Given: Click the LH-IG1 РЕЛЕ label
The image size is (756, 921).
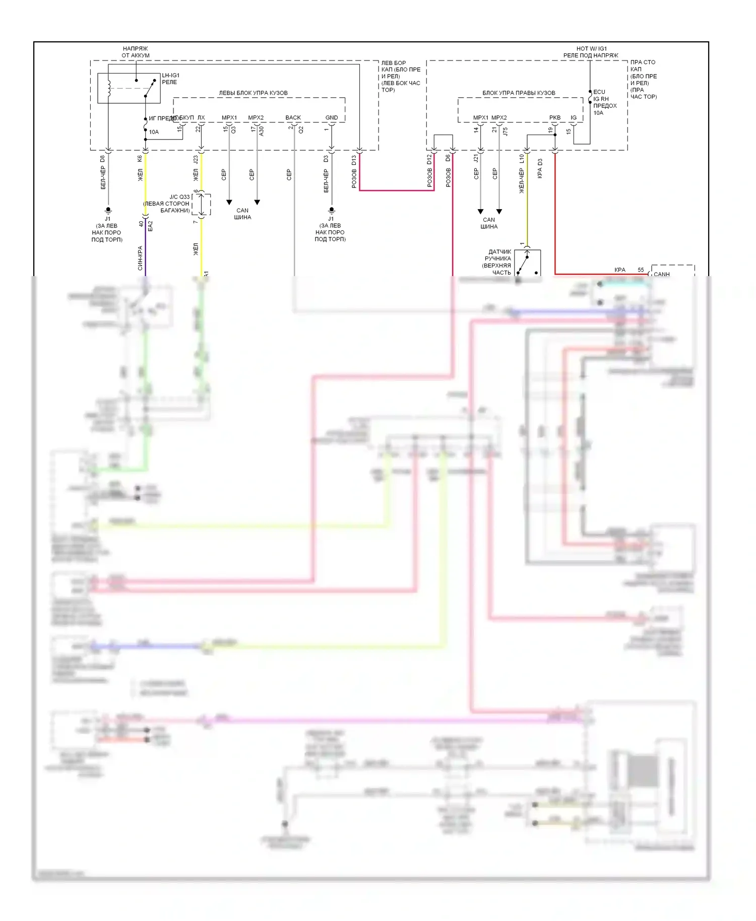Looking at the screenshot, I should pyautogui.click(x=170, y=79).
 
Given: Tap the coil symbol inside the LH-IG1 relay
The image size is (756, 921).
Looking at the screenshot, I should pyautogui.click(x=108, y=88).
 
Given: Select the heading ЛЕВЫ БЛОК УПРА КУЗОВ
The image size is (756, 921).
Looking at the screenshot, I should pyautogui.click(x=253, y=93).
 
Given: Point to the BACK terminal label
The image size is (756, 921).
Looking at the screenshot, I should pyautogui.click(x=293, y=118).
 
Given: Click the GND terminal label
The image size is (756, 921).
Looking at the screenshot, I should pyautogui.click(x=332, y=118).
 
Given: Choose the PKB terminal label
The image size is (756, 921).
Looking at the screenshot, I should pyautogui.click(x=555, y=118).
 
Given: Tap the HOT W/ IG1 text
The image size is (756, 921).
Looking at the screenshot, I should pyautogui.click(x=592, y=49).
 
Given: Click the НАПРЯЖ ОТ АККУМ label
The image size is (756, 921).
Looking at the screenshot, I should pyautogui.click(x=136, y=52).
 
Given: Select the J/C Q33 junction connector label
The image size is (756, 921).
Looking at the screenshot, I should pyautogui.click(x=179, y=197).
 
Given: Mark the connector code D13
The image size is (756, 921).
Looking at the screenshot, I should pyautogui.click(x=354, y=160).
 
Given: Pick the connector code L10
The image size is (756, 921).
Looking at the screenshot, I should pyautogui.click(x=522, y=159).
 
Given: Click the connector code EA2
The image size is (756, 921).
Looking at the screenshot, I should pyautogui.click(x=150, y=226).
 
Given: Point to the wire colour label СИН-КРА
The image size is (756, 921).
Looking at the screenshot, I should pyautogui.click(x=140, y=258).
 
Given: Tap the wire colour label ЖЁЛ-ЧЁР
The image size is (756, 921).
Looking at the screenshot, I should pyautogui.click(x=522, y=181).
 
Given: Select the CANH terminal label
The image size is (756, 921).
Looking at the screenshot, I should pyautogui.click(x=661, y=274).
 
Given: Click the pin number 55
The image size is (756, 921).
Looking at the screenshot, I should pyautogui.click(x=641, y=270).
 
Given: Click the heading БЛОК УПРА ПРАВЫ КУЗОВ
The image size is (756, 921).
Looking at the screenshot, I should pyautogui.click(x=519, y=93).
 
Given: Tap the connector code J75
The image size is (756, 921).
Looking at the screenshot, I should pyautogui.click(x=505, y=131).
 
